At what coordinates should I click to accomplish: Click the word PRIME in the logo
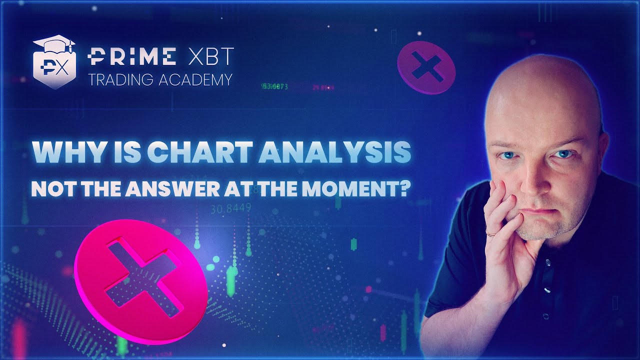[131, 57]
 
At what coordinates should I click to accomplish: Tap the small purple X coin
[426, 67]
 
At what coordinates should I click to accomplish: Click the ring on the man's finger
[492, 233]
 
